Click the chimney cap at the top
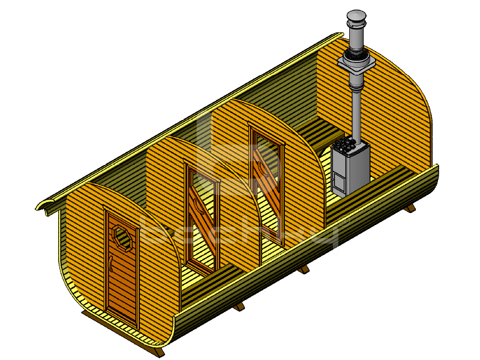356,14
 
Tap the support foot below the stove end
410,208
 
